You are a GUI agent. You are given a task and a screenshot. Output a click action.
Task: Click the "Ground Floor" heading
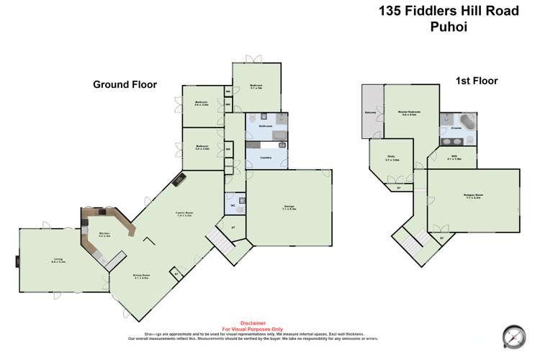[x=125, y=84]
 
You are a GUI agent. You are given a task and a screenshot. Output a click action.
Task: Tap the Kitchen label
[x=104, y=235]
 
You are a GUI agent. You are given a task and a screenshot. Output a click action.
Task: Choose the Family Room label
[x=184, y=214]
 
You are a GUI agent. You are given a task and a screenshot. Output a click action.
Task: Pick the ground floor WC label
[x=233, y=204]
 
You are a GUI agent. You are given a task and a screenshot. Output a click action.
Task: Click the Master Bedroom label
[x=409, y=113]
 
